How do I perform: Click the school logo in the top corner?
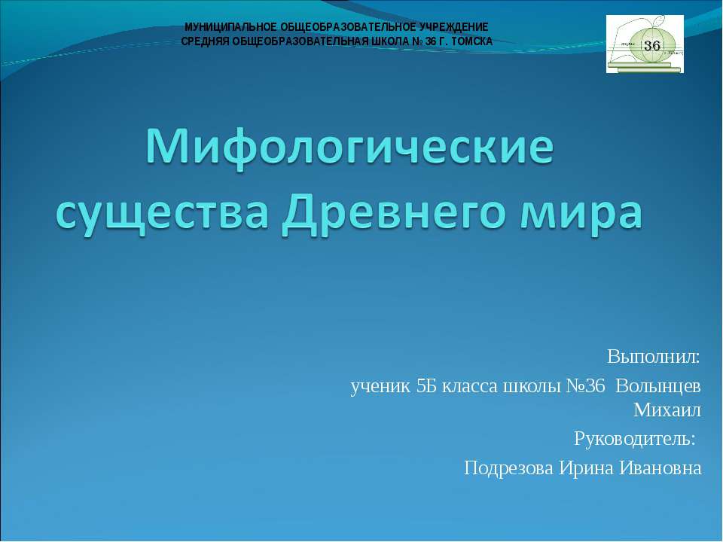coord(645,44)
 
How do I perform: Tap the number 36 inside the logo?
coord(652,45)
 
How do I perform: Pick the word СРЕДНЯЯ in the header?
coord(208,41)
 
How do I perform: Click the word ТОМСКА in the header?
coord(471,41)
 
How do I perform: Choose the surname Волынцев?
coord(658,386)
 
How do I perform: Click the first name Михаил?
coord(667,410)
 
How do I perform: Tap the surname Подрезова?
coord(509,468)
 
